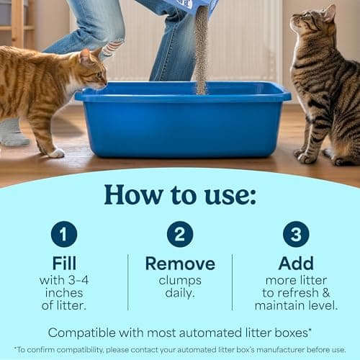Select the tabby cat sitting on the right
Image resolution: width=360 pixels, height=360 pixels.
324,86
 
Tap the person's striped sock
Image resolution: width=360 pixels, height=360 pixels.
112,49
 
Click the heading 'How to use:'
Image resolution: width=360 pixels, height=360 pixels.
180,194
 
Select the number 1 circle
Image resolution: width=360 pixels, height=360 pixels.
64,234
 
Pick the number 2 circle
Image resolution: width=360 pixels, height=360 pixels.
180,234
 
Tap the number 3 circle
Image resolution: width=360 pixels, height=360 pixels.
296,234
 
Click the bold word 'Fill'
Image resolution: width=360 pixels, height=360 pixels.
64,264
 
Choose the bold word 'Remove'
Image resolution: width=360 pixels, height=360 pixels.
180,264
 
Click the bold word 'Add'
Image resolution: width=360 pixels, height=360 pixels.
296,264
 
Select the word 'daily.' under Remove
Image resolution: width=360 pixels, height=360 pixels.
180,294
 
